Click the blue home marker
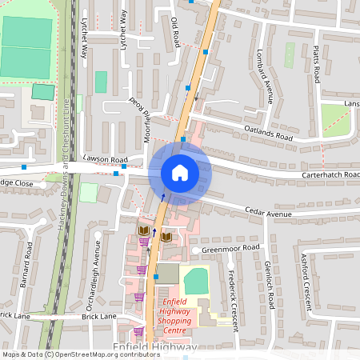[x=180, y=173]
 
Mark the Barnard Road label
[x=27, y=262]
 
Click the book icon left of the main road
[x=143, y=230]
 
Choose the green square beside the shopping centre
[x=196, y=281]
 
